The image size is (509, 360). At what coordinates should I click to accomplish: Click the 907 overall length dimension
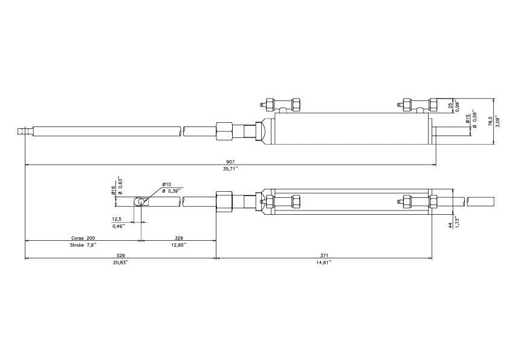(231, 162)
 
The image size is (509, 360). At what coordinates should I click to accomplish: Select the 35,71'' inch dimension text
(231, 169)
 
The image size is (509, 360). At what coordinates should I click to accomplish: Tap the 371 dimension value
(323, 255)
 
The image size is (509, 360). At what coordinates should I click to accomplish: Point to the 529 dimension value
(121, 255)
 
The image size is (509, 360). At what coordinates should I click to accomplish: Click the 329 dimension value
(179, 238)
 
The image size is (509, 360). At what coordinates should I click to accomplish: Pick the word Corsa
(77, 238)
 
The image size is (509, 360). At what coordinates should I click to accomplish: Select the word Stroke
(77, 245)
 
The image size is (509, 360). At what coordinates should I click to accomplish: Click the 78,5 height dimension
(490, 122)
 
